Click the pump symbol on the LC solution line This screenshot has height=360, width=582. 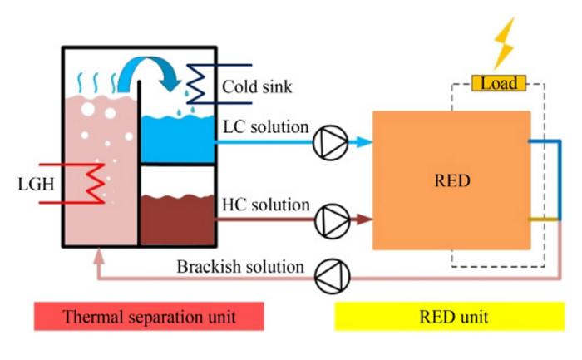(x=330, y=144)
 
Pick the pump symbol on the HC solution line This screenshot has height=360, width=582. (x=330, y=220)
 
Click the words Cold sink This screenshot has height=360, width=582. (x=255, y=86)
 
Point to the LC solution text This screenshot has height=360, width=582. (x=266, y=128)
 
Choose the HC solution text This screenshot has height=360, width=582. (x=266, y=205)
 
